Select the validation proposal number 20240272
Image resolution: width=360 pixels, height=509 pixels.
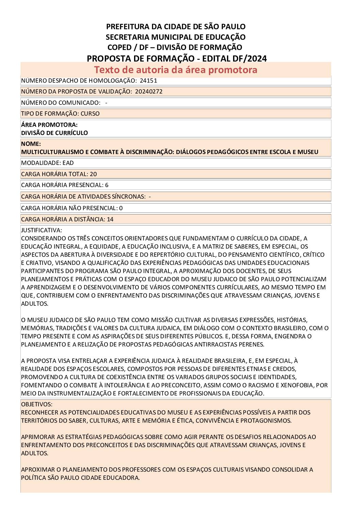[x=149, y=91]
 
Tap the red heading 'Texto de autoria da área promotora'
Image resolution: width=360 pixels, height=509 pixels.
[x=176, y=70]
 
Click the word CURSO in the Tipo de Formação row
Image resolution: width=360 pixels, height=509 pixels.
[x=90, y=114]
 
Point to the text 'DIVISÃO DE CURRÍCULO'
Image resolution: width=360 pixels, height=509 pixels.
[x=54, y=133]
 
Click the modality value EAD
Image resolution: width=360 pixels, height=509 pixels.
[x=68, y=163]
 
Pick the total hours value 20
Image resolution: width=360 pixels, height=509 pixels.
[x=93, y=174]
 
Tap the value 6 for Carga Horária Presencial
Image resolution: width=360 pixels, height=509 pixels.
[x=107, y=185]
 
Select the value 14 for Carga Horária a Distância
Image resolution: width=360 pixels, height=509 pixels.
[x=110, y=219]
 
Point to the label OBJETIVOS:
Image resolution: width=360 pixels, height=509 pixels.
[x=37, y=404]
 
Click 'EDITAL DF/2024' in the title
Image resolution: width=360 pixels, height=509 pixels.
[x=234, y=58]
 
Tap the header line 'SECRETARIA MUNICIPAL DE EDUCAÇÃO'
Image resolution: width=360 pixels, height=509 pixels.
[x=176, y=37]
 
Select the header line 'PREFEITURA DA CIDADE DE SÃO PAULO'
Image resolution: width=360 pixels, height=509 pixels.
[x=176, y=27]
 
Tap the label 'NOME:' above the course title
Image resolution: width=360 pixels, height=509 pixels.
[x=31, y=144]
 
